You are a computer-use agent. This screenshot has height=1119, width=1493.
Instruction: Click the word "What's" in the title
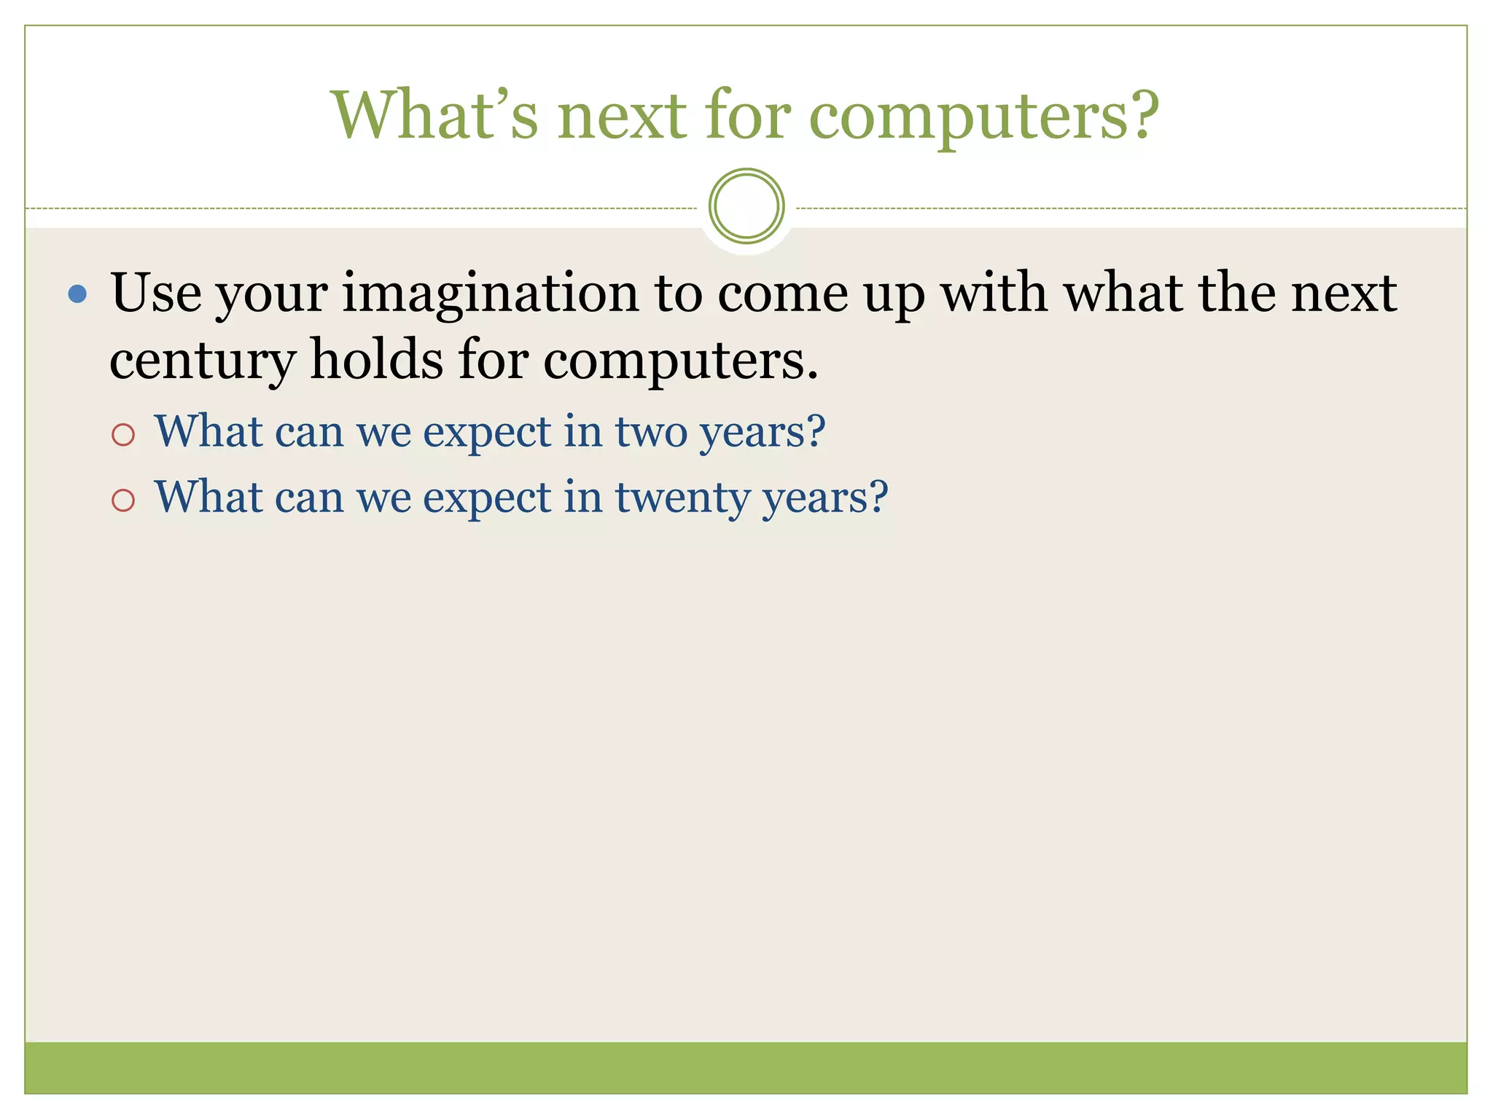point(434,114)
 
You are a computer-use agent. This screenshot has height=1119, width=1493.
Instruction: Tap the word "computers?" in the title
point(984,117)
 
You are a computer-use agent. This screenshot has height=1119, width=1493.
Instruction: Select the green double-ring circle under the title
point(746,206)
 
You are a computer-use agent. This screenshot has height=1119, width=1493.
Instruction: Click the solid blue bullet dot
point(77,294)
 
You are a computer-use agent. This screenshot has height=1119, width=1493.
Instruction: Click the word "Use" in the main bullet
point(156,293)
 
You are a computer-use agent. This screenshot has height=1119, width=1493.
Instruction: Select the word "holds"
point(376,360)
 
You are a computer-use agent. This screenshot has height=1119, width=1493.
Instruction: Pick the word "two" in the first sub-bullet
point(651,431)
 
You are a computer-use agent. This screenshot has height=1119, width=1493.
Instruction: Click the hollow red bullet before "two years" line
point(123,435)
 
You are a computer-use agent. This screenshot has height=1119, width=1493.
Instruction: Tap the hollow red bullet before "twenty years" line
point(123,500)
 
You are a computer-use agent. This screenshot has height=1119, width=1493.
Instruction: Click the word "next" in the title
point(622,116)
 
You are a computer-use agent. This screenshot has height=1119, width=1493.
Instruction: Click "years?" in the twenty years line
point(825,498)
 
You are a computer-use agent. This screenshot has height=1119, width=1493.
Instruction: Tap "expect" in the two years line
point(486,433)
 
